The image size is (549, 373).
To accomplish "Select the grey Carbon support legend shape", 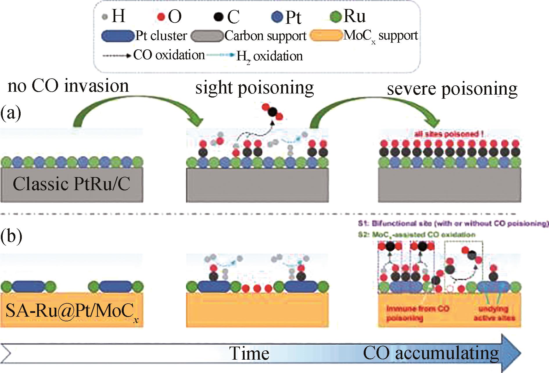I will click(207, 36).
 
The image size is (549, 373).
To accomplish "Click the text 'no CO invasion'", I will click(68, 86).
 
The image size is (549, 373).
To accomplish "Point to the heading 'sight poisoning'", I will click(254, 88).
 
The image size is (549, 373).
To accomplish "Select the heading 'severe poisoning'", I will click(452, 89).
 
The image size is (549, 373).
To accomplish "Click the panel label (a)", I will click(11, 113).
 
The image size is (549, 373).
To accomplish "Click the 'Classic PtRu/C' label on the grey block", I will click(71, 184).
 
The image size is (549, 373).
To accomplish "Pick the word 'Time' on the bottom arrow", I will click(250, 353).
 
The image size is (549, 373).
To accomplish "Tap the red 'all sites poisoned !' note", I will click(449, 134).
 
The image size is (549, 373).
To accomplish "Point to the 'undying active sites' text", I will click(494, 313).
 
